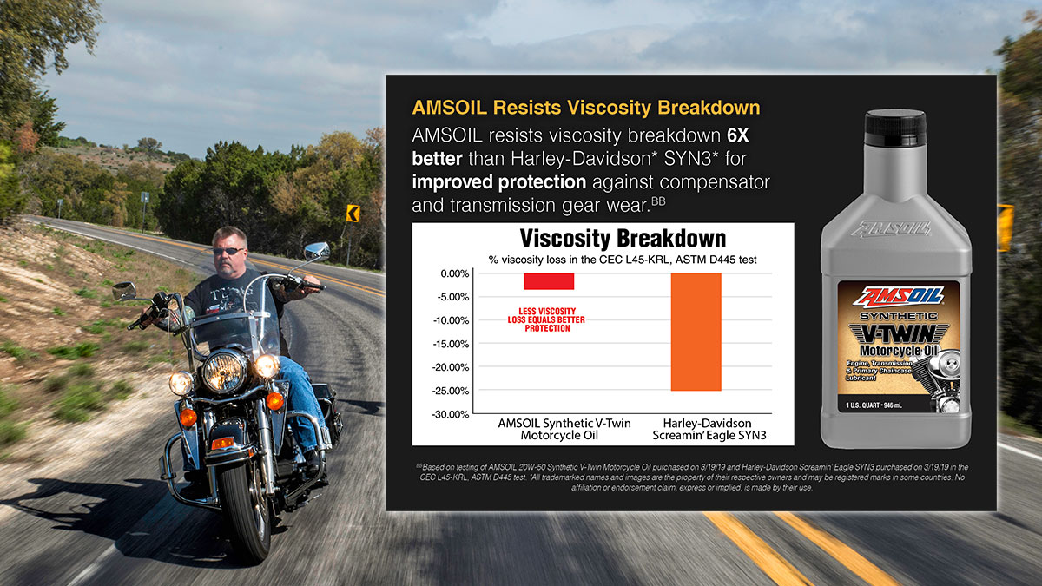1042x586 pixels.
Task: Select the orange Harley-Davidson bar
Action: click(x=696, y=332)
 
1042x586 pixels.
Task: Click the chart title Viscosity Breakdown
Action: click(x=622, y=238)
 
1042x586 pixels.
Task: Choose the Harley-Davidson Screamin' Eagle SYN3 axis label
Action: click(x=696, y=428)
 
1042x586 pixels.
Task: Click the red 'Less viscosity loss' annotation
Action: click(x=546, y=320)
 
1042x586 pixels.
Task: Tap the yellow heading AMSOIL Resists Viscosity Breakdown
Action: click(x=586, y=109)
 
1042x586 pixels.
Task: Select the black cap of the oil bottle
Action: click(x=895, y=127)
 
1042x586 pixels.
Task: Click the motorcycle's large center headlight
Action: click(x=221, y=371)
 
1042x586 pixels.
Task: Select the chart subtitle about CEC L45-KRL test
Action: click(x=622, y=259)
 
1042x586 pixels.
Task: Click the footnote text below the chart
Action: click(x=691, y=477)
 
